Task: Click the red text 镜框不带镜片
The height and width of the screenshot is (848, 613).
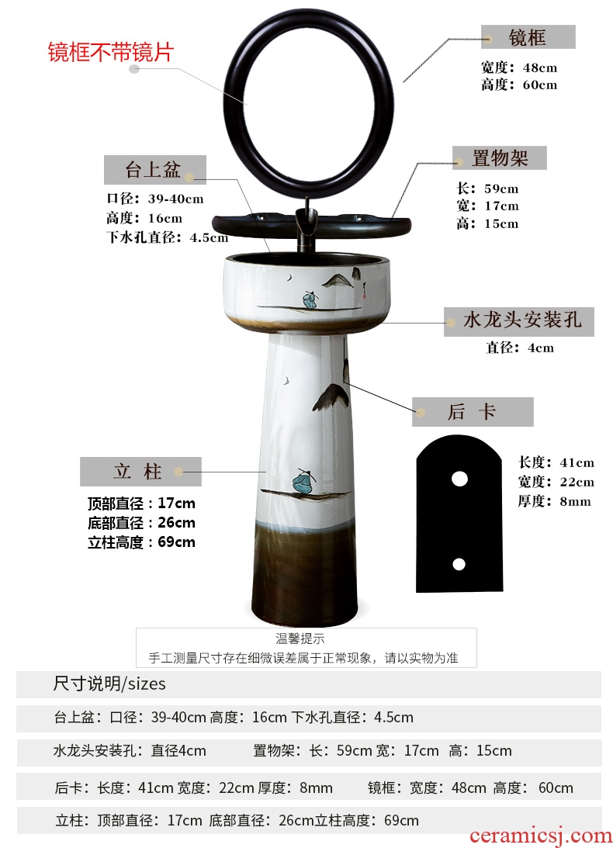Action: pyautogui.click(x=110, y=53)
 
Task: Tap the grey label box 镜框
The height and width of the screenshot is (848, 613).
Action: pyautogui.click(x=528, y=37)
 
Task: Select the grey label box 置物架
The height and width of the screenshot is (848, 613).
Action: pyautogui.click(x=500, y=158)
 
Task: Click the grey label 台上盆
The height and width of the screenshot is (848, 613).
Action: pyautogui.click(x=154, y=170)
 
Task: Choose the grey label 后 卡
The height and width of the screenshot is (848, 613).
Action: pyautogui.click(x=473, y=412)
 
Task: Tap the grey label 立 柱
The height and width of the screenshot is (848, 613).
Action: pyautogui.click(x=140, y=471)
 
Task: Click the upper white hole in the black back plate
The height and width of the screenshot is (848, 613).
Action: pyautogui.click(x=459, y=479)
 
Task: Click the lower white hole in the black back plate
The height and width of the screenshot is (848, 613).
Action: pyautogui.click(x=459, y=565)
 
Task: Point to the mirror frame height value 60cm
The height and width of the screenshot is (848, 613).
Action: pyautogui.click(x=539, y=85)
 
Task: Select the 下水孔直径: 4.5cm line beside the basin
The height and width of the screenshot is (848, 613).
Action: pyautogui.click(x=167, y=237)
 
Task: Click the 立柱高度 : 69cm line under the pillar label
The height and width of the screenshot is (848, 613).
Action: pyautogui.click(x=141, y=542)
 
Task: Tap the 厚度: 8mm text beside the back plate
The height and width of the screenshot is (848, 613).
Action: pyautogui.click(x=553, y=501)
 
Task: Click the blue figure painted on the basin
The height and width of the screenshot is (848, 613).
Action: pyautogui.click(x=310, y=300)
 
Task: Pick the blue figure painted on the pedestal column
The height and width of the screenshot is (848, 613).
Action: pyautogui.click(x=303, y=480)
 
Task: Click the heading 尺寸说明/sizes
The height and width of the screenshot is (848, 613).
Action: pyautogui.click(x=109, y=684)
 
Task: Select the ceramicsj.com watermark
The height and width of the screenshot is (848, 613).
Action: pyautogui.click(x=540, y=836)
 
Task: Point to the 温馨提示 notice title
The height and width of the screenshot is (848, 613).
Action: pyautogui.click(x=300, y=639)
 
